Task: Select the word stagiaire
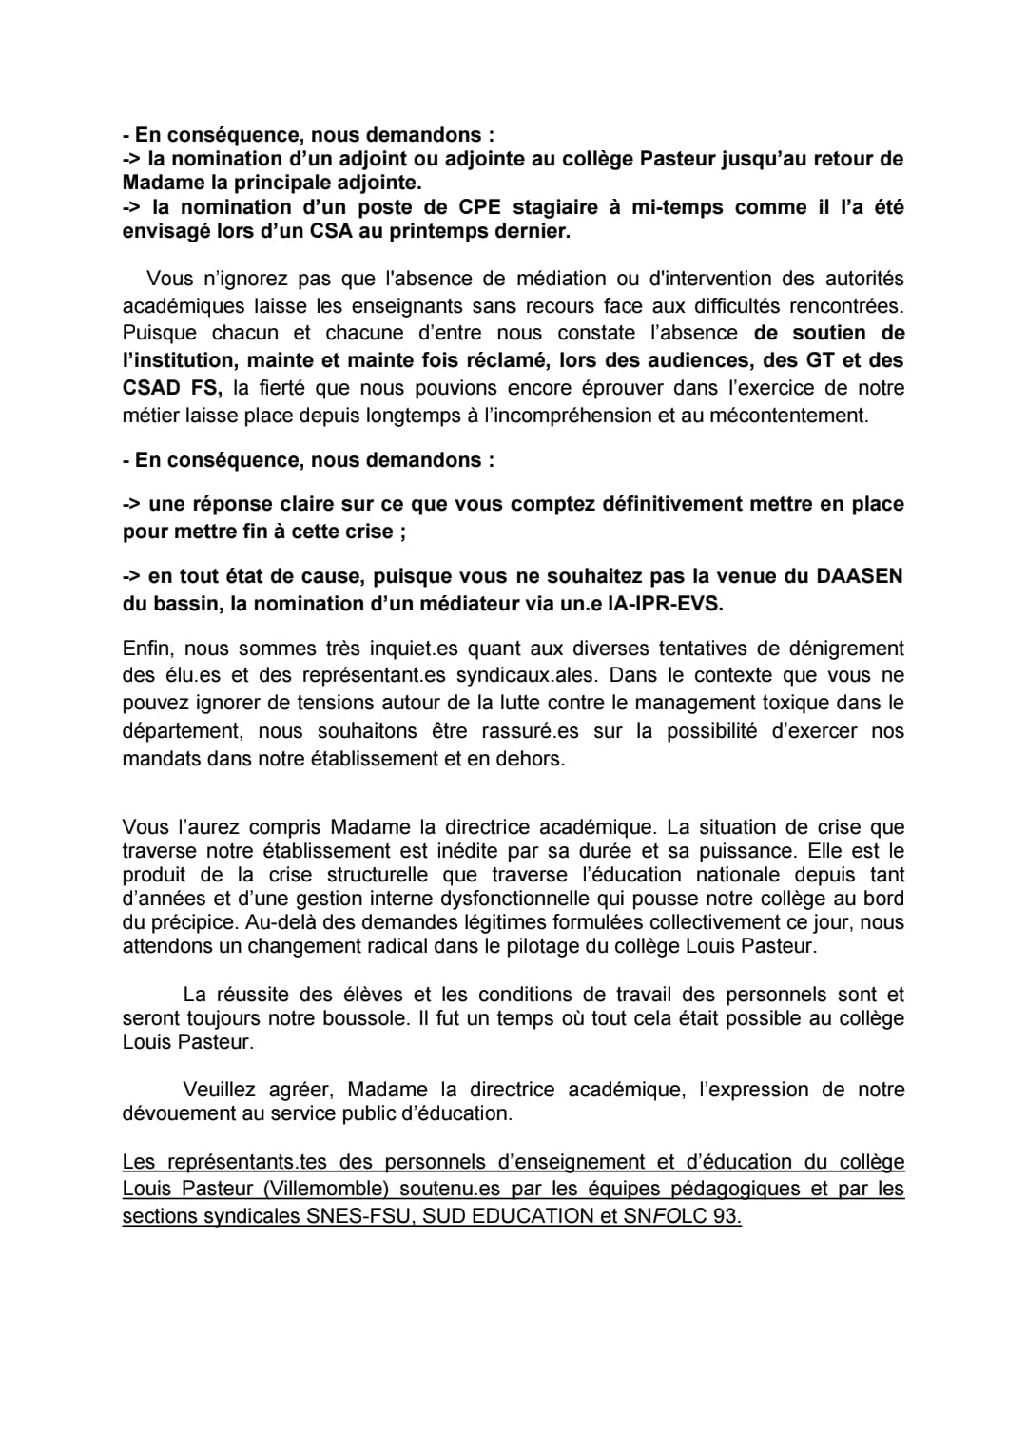(x=555, y=207)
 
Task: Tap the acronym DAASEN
(x=858, y=576)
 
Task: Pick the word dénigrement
(x=844, y=649)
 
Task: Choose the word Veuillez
(x=219, y=1090)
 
